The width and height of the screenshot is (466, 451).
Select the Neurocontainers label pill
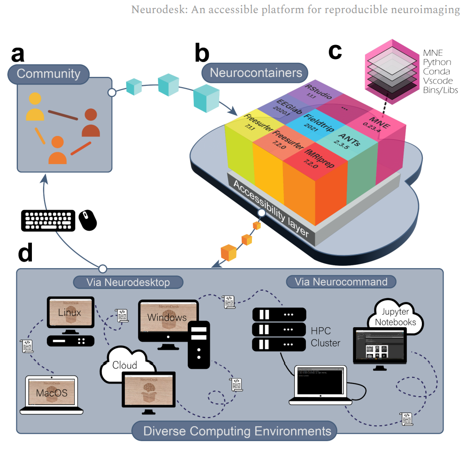click(255, 73)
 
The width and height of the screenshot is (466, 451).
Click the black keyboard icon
click(48, 220)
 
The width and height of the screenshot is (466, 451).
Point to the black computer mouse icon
click(88, 220)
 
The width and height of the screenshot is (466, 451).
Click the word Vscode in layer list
click(436, 81)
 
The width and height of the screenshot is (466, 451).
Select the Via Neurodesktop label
click(128, 281)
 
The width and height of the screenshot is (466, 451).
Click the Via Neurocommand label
click(341, 281)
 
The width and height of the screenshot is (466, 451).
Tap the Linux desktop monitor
click(70, 313)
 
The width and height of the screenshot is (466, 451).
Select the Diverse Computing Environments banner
click(234, 430)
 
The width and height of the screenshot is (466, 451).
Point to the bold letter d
click(25, 254)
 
